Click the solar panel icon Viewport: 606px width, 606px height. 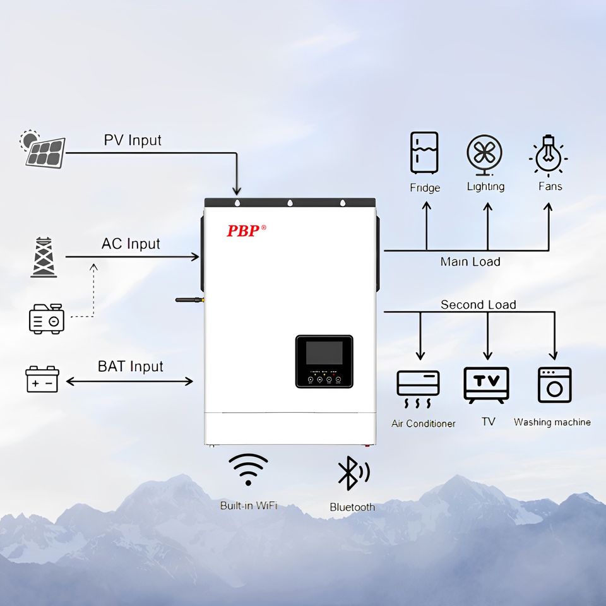click(45, 150)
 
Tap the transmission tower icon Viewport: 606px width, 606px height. click(44, 258)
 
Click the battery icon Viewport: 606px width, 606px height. click(42, 379)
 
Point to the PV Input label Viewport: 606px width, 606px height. click(133, 140)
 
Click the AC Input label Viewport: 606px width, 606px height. click(131, 244)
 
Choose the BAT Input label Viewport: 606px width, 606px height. click(130, 366)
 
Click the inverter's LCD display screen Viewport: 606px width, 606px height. click(324, 353)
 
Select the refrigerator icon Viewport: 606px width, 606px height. click(424, 153)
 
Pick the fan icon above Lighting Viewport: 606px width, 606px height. click(485, 153)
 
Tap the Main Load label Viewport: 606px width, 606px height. click(470, 261)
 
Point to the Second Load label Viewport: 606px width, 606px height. click(478, 305)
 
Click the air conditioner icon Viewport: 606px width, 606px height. click(418, 386)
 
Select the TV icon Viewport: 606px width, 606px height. click(486, 384)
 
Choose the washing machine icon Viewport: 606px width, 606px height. click(554, 384)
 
